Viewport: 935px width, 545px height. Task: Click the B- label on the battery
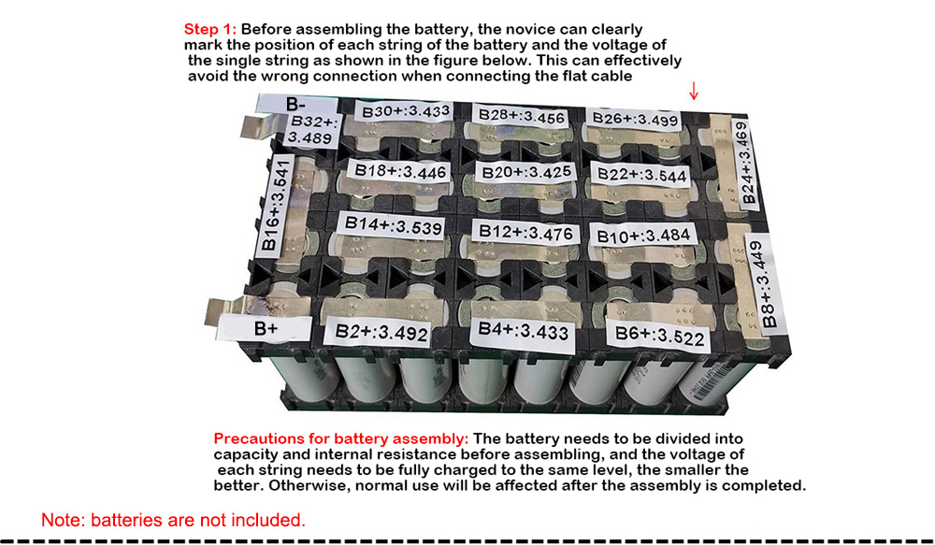pyautogui.click(x=296, y=104)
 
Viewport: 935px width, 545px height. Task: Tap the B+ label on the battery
pyautogui.click(x=266, y=328)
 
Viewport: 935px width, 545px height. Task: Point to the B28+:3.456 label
pyautogui.click(x=522, y=116)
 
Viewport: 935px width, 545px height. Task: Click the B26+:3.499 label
pyautogui.click(x=636, y=119)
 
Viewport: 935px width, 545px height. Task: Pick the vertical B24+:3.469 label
pyautogui.click(x=744, y=164)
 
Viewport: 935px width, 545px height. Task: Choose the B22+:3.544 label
pyautogui.click(x=641, y=174)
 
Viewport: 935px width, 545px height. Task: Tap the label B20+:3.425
pyautogui.click(x=526, y=172)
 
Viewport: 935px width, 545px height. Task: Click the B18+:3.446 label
pyautogui.click(x=400, y=172)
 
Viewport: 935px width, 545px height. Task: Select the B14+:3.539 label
pyautogui.click(x=394, y=226)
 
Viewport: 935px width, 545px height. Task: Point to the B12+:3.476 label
pyautogui.click(x=525, y=232)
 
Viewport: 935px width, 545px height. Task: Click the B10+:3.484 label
pyautogui.click(x=643, y=235)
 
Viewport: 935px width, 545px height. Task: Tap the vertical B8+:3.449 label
pyautogui.click(x=765, y=284)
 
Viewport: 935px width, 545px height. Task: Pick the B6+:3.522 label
pyautogui.click(x=659, y=336)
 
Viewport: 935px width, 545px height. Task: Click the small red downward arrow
pyautogui.click(x=694, y=91)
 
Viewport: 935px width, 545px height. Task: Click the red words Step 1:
pyautogui.click(x=210, y=29)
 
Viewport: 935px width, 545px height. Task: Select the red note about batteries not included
pyautogui.click(x=173, y=520)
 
